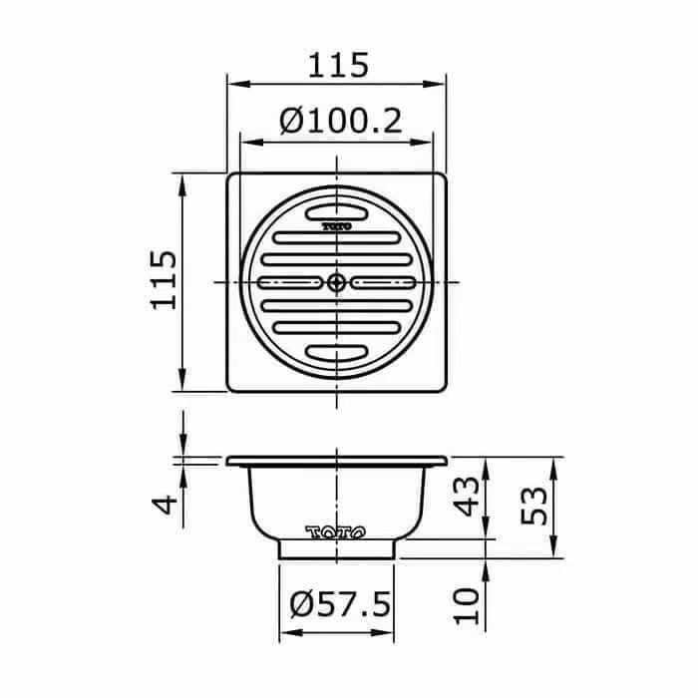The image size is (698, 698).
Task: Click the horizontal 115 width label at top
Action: (x=337, y=65)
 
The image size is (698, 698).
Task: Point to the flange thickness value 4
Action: (x=171, y=501)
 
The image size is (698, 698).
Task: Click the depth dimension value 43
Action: (x=469, y=497)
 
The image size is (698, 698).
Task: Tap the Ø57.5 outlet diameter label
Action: (x=338, y=604)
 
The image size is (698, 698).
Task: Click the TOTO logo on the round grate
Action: (x=337, y=227)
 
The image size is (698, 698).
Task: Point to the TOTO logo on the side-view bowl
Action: (x=337, y=531)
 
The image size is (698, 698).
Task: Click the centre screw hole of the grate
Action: (x=337, y=282)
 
